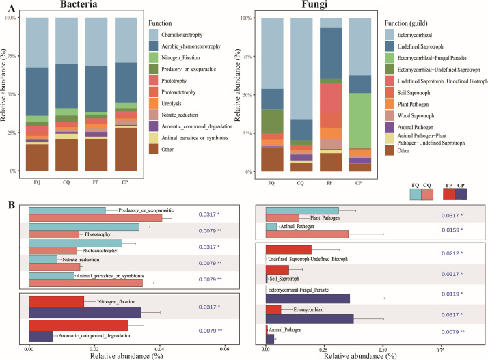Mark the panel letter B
coord(9,204)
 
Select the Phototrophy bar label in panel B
coord(100,234)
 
